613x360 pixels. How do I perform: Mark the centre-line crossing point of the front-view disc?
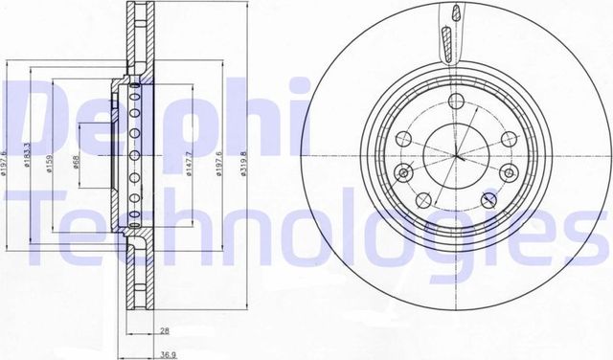click(x=458, y=155)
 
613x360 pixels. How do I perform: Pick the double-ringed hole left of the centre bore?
click(x=403, y=173)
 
